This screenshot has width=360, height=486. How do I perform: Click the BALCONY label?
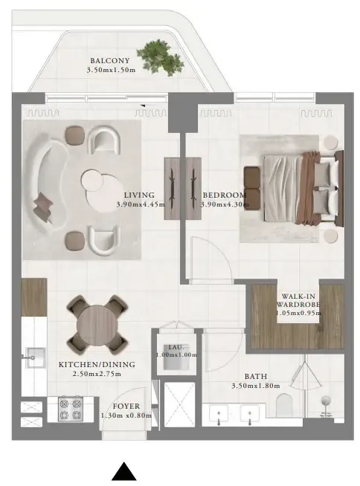(109, 61)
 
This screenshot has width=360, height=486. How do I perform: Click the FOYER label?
(126, 406)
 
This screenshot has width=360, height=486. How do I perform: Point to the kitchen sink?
(33, 358)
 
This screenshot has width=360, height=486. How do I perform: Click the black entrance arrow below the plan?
(126, 473)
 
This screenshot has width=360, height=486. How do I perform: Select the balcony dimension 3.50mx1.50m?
(109, 71)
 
